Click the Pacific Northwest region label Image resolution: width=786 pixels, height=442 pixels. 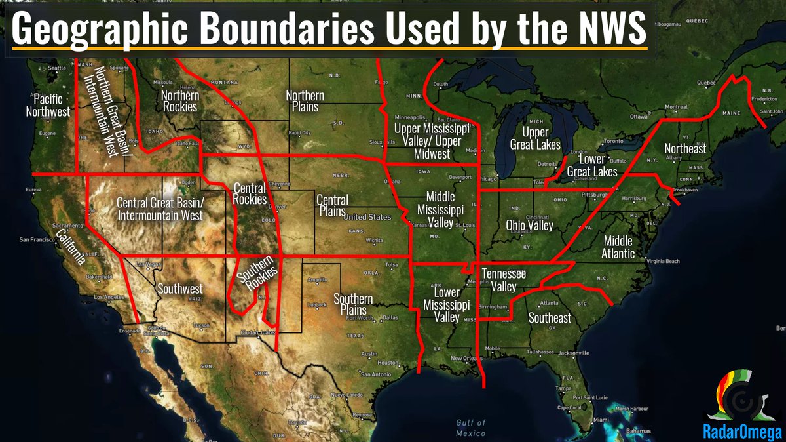(48, 105)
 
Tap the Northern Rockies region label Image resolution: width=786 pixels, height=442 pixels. (180, 100)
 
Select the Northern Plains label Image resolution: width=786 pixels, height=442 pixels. (305, 100)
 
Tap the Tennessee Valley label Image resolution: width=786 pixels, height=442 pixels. (504, 280)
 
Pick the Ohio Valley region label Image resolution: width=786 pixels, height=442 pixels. (530, 226)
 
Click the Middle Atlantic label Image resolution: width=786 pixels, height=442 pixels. (619, 247)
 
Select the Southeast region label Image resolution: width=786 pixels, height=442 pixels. (550, 318)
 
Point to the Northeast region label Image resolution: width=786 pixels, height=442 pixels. (685, 149)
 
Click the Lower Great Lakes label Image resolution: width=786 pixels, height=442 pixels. (592, 166)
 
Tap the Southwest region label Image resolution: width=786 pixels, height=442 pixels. (180, 289)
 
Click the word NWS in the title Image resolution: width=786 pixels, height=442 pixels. (610, 30)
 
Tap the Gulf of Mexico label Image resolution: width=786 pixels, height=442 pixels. (472, 428)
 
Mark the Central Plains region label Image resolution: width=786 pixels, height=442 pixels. (333, 205)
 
